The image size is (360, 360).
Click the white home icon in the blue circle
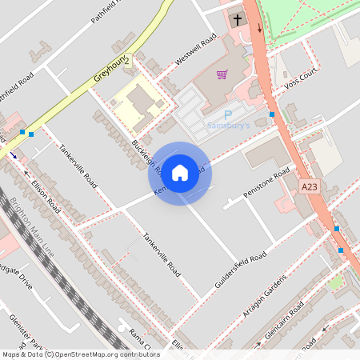180,173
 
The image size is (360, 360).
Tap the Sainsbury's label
229,126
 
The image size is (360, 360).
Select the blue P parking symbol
227,115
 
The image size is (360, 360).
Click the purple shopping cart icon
222,74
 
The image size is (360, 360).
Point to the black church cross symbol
237,19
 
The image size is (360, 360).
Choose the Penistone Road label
266,184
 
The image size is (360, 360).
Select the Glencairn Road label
286,323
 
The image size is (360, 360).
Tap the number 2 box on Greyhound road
126,61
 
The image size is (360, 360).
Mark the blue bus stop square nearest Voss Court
273,114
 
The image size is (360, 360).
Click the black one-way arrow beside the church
258,28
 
